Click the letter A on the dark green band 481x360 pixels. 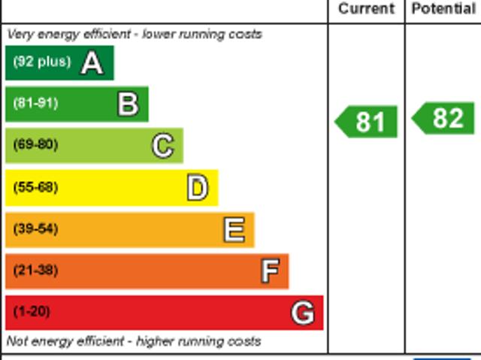pyautogui.click(x=92, y=63)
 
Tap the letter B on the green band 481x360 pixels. pyautogui.click(x=128, y=104)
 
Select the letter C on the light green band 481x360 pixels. pyautogui.click(x=162, y=146)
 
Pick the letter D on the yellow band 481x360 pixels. pyautogui.click(x=197, y=188)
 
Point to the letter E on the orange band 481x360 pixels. pyautogui.click(x=234, y=230)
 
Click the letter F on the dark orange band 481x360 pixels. pyautogui.click(x=269, y=271)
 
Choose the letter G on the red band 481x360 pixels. pyautogui.click(x=302, y=313)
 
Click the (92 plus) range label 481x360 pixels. pyautogui.click(x=41, y=62)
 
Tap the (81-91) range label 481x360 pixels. pyautogui.click(x=35, y=104)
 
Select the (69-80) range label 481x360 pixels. pyautogui.click(x=35, y=145)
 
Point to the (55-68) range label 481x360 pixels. pyautogui.click(x=35, y=187)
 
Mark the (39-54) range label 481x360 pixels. pyautogui.click(x=35, y=229)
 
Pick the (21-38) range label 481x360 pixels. pyautogui.click(x=35, y=271)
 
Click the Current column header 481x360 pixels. pyautogui.click(x=366, y=9)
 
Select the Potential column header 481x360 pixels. pyautogui.click(x=443, y=9)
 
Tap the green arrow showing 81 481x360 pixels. pyautogui.click(x=366, y=122)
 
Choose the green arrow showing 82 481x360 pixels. pyautogui.click(x=444, y=119)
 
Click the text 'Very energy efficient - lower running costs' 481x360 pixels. pyautogui.click(x=135, y=35)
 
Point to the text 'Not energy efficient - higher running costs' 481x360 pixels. pyautogui.click(x=134, y=341)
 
